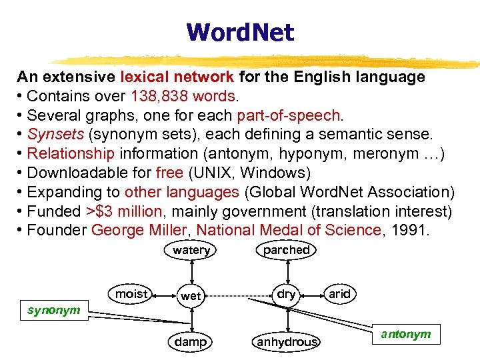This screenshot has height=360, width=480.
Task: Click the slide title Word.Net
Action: pyautogui.click(x=240, y=31)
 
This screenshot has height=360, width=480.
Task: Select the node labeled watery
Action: pyautogui.click(x=191, y=250)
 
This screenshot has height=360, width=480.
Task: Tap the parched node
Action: pyautogui.click(x=286, y=250)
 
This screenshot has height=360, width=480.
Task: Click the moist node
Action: pyautogui.click(x=131, y=294)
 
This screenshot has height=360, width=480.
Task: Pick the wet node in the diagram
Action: pyautogui.click(x=191, y=295)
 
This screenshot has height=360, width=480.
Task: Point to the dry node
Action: pyautogui.click(x=286, y=294)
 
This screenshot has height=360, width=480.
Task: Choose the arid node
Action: pyautogui.click(x=339, y=294)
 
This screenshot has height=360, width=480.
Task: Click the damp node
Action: pyautogui.click(x=191, y=341)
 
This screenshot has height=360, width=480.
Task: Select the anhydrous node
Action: pyautogui.click(x=287, y=342)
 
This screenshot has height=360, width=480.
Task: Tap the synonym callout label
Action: pyautogui.click(x=53, y=310)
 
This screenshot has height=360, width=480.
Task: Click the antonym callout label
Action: pyautogui.click(x=406, y=334)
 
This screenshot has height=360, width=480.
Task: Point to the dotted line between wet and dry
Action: pyautogui.click(x=239, y=295)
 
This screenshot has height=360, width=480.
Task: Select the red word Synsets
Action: pyautogui.click(x=56, y=135)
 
